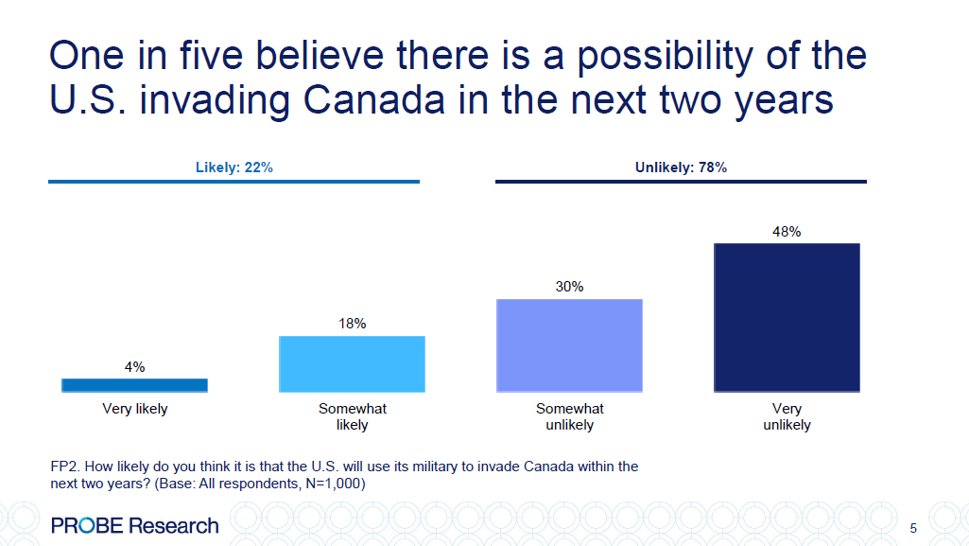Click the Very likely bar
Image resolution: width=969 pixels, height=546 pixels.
[x=134, y=385]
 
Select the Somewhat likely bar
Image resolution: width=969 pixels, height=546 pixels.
[x=352, y=364]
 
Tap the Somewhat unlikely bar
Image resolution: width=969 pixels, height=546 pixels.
[x=569, y=345]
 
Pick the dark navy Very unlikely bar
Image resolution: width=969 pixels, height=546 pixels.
[x=787, y=318]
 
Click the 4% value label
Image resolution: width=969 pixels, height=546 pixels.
[x=134, y=367]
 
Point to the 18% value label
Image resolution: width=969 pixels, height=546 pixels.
[x=352, y=324]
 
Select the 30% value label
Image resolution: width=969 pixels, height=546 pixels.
[x=569, y=287]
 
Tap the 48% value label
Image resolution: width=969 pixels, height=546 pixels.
[x=787, y=231]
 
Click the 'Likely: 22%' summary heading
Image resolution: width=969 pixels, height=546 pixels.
[x=234, y=167]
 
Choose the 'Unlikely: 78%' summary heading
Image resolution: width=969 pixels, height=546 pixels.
[x=681, y=167]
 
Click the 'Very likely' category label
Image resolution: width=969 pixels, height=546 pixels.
[x=134, y=410]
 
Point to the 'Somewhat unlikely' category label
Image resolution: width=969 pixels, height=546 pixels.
[x=569, y=417]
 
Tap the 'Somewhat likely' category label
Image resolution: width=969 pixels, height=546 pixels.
[x=352, y=417]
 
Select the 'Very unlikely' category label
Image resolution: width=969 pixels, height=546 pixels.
[x=787, y=417]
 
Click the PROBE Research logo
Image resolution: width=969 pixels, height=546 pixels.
[x=134, y=525]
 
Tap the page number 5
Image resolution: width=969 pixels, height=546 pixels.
[x=912, y=528]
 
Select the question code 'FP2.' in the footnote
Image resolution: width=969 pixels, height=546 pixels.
[x=64, y=467]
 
